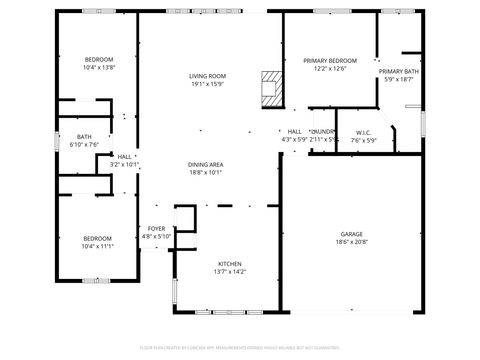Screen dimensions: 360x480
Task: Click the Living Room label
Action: pyautogui.click(x=207, y=76)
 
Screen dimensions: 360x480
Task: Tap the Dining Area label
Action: pyautogui.click(x=204, y=164)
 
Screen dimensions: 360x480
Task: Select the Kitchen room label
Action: pyautogui.click(x=230, y=263)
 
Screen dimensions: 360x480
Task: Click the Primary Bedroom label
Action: pyautogui.click(x=329, y=60)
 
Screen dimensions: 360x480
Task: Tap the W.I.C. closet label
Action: pyautogui.click(x=362, y=132)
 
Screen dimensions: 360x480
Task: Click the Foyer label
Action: pyautogui.click(x=156, y=228)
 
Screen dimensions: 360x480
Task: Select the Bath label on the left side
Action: pyautogui.click(x=84, y=137)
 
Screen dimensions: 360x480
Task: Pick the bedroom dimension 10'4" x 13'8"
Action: pyautogui.click(x=98, y=68)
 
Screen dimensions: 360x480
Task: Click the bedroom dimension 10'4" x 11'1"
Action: pyautogui.click(x=98, y=246)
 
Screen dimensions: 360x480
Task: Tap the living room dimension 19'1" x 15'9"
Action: pyautogui.click(x=207, y=84)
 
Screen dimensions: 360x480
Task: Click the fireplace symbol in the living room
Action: pyautogui.click(x=270, y=88)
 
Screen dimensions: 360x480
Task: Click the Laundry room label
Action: pyautogui.click(x=323, y=132)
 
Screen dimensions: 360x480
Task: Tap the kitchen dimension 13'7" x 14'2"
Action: pyautogui.click(x=230, y=271)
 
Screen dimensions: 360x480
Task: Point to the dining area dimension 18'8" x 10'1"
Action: pyautogui.click(x=204, y=172)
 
